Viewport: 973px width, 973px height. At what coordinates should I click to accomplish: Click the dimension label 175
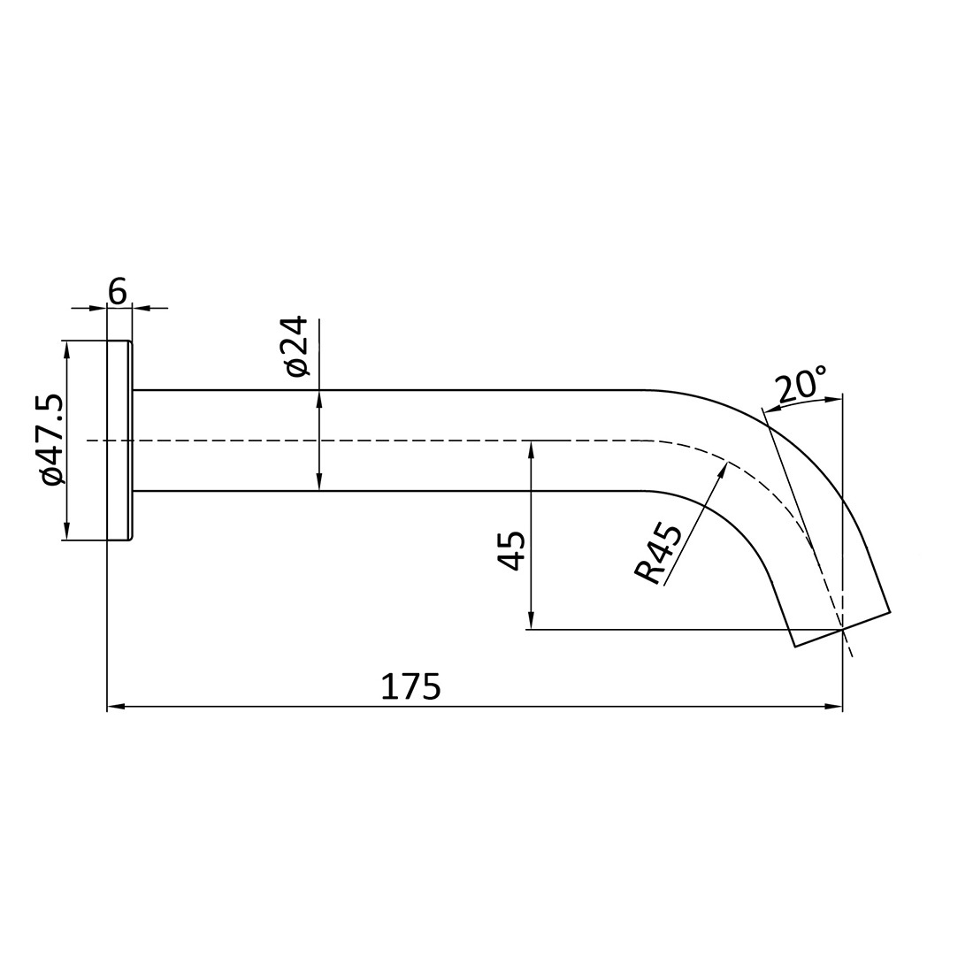(x=410, y=687)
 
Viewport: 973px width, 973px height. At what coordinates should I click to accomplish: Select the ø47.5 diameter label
(x=51, y=440)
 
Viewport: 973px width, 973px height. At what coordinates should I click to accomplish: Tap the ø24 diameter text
(x=296, y=346)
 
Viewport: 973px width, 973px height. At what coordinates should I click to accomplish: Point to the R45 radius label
(x=659, y=554)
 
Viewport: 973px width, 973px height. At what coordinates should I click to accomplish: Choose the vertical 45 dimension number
(x=512, y=550)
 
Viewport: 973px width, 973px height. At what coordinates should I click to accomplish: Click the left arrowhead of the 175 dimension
(x=114, y=707)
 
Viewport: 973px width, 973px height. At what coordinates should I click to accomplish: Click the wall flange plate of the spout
(x=119, y=440)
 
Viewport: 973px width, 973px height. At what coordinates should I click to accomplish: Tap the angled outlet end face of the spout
(x=842, y=629)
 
